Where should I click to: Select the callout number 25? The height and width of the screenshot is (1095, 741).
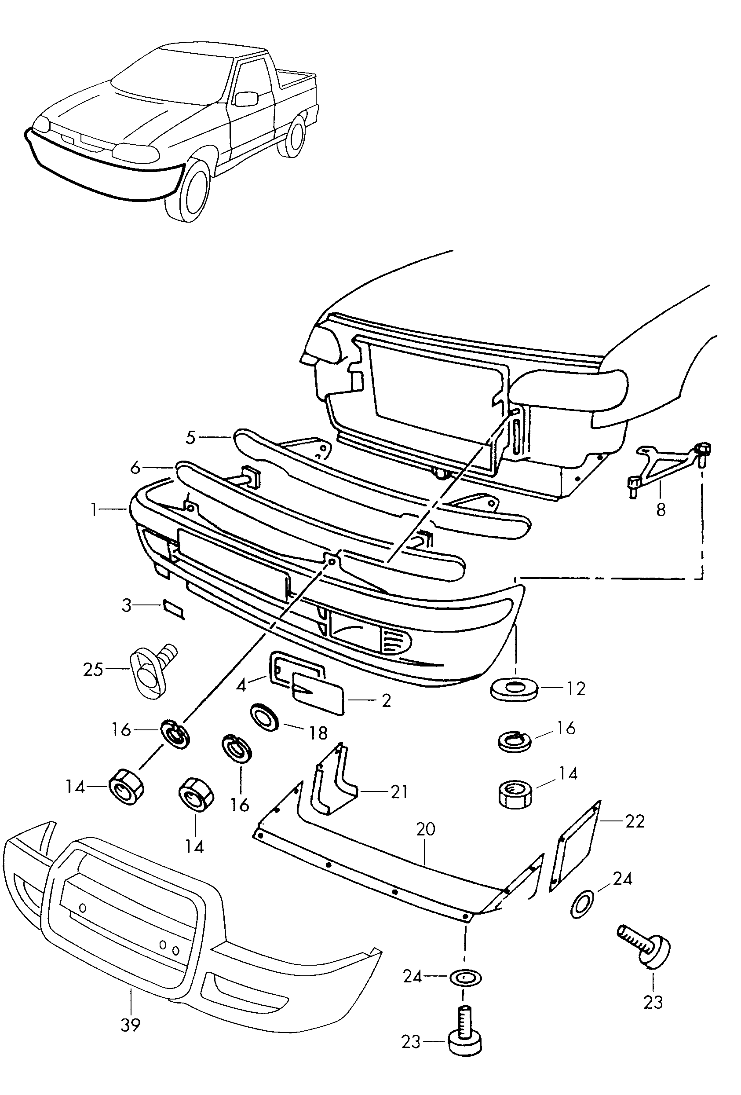(x=93, y=670)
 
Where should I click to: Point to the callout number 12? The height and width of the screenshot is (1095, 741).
(x=576, y=688)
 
